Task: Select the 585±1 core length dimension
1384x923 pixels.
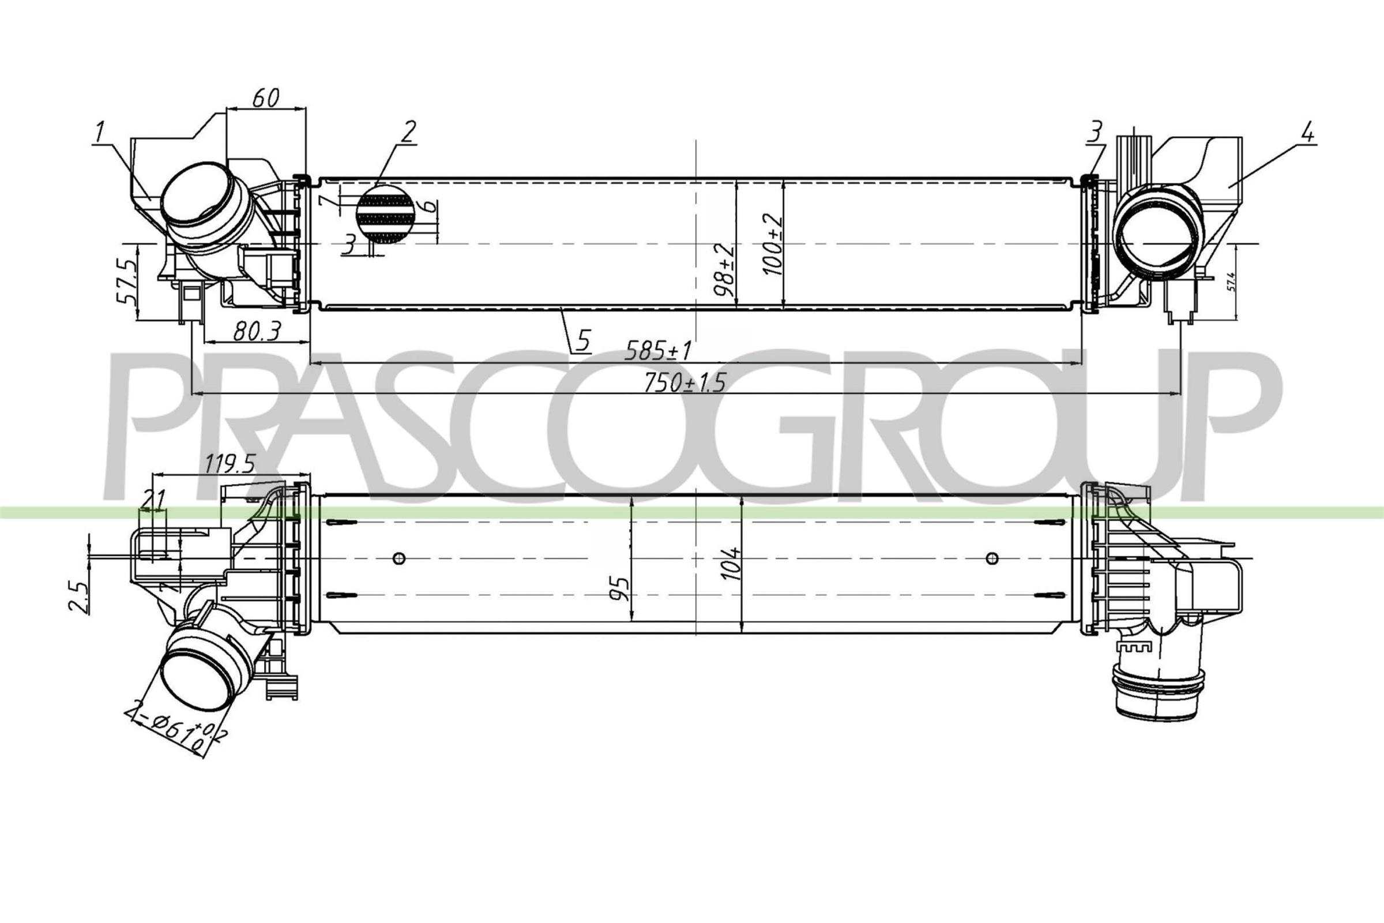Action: point(658,351)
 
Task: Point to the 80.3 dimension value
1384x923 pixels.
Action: point(258,331)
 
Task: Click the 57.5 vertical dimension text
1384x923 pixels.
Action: point(127,282)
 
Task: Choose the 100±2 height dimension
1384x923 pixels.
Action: point(773,244)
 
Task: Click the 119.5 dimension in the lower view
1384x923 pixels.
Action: point(230,465)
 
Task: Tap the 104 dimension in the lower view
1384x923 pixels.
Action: point(732,564)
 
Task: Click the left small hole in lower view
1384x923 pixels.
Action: point(399,557)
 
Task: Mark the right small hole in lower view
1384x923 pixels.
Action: point(992,557)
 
